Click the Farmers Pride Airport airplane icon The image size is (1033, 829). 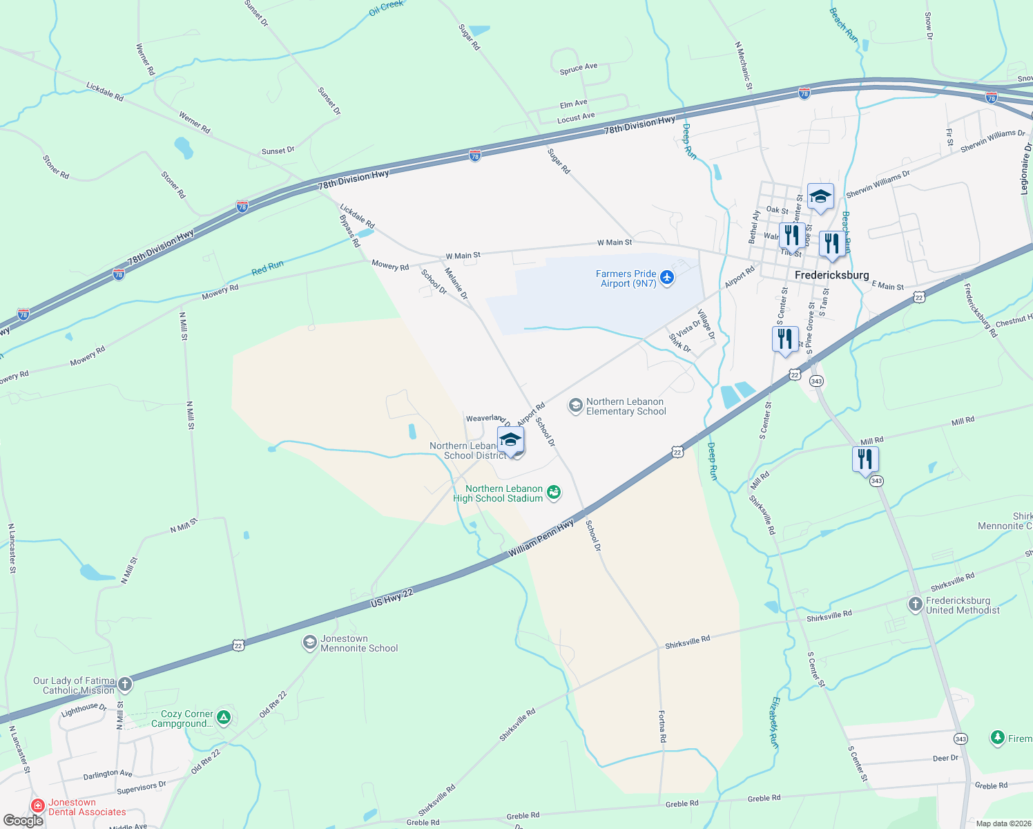coord(666,278)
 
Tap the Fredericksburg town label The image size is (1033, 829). coord(831,275)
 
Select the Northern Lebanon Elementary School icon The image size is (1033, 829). coord(575,406)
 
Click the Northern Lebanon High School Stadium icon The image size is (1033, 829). coord(553,493)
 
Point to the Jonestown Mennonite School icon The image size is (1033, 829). coord(309,643)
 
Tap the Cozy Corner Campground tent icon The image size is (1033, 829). coord(223,718)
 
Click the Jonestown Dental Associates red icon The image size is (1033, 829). coord(39,806)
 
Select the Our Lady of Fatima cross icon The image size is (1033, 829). coord(124,685)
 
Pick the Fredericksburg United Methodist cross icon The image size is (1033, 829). coord(915,605)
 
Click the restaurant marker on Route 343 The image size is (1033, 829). coord(865,459)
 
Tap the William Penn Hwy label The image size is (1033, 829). coord(541,540)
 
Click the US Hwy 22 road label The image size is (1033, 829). coord(392,598)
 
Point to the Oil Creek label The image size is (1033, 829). coord(386,8)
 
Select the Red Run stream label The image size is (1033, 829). coord(267,268)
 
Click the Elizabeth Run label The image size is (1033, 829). coord(775,723)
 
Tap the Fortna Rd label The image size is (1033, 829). coord(662,726)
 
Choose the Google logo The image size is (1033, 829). coord(23,821)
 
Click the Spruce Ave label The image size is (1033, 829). coord(578,68)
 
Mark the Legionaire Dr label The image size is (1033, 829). coord(1026,169)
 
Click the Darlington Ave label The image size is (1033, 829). coord(107,774)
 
